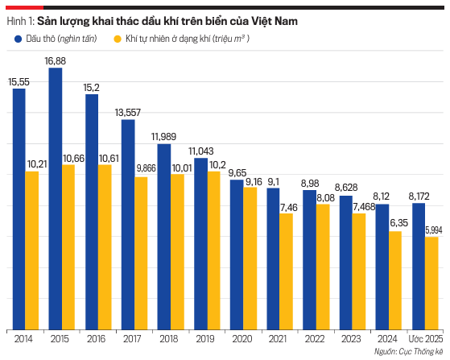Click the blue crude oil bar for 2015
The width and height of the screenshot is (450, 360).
point(56,199)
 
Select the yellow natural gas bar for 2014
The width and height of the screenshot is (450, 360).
point(32,250)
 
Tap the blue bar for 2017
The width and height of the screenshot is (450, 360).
point(128,225)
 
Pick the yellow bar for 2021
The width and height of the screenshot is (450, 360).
point(286,271)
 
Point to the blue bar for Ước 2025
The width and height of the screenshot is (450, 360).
point(419,267)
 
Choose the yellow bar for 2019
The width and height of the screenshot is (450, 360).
point(214,250)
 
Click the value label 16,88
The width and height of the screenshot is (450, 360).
point(55,61)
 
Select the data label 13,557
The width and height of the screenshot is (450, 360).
point(128,113)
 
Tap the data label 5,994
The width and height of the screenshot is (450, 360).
point(434,230)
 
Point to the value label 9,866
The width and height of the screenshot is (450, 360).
point(146,168)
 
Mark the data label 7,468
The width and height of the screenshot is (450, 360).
point(364,207)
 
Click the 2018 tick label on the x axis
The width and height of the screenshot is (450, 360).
point(169,339)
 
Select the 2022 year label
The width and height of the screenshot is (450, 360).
point(314,339)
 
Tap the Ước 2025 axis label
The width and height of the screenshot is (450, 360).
point(426,339)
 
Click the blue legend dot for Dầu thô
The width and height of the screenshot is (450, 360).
point(18,39)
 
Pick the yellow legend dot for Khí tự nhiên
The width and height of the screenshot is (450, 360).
point(118,39)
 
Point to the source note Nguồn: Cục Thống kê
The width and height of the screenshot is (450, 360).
point(408,352)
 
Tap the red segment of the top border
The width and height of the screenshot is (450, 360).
point(24,7)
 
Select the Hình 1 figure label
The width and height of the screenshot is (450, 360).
point(20,21)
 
